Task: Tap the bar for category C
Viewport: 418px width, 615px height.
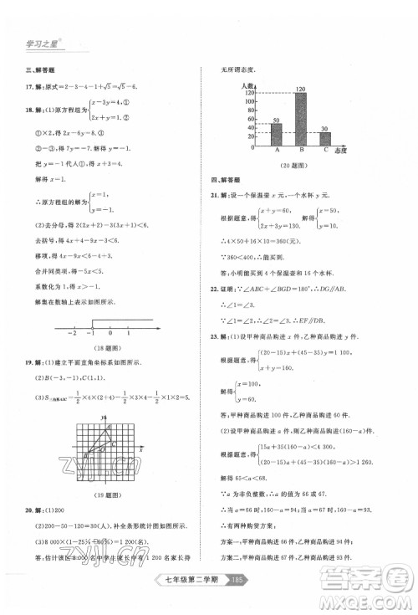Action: click(325, 139)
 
